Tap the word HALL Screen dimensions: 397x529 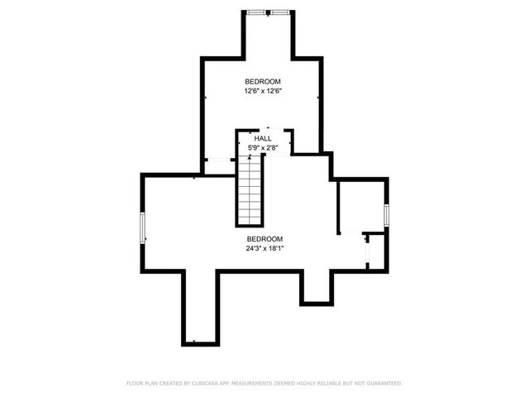pyautogui.click(x=263, y=139)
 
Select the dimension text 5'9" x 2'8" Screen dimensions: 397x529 pyautogui.click(x=263, y=147)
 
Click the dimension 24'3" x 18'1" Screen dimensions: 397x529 pyautogui.click(x=264, y=247)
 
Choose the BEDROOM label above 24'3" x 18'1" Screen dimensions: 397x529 pyautogui.click(x=264, y=239)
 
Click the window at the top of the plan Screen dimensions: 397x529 pyautogui.click(x=268, y=12)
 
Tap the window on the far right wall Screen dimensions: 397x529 pyautogui.click(x=386, y=214)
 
